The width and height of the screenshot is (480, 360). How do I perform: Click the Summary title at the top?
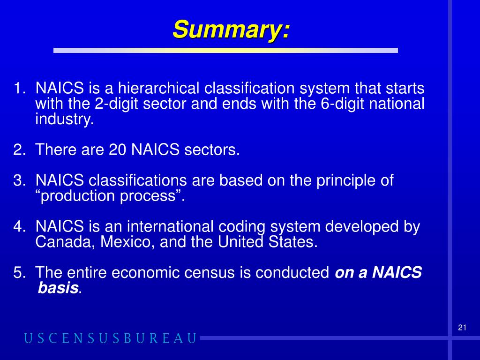(232, 30)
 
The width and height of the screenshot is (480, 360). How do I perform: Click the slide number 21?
(462, 328)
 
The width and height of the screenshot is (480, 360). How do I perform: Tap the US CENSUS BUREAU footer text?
(110, 338)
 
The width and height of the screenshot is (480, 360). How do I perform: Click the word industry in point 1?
(64, 120)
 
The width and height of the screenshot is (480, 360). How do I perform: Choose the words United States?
(267, 243)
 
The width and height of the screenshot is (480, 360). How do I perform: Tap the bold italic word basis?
(57, 288)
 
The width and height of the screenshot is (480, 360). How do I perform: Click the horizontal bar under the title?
(225, 50)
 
